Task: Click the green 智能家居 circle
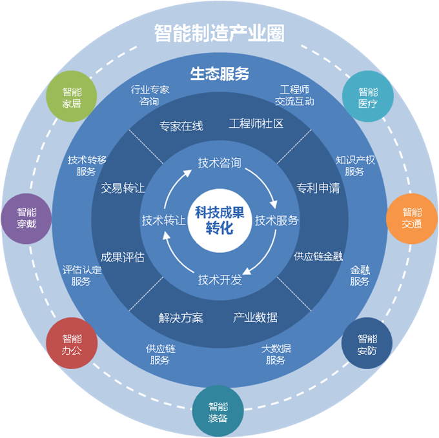(72, 97)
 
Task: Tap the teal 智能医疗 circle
(367, 97)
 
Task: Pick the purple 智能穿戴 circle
(26, 218)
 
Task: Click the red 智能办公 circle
(72, 344)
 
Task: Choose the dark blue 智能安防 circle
(367, 344)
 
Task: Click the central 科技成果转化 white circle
(219, 219)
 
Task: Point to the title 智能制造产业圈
(219, 33)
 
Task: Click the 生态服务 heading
(219, 74)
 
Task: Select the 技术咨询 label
(219, 163)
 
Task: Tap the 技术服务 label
(277, 220)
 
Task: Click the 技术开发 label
(219, 279)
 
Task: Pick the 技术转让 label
(163, 220)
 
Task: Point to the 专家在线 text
(181, 126)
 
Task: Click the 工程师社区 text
(256, 123)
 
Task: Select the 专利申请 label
(318, 188)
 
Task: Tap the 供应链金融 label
(318, 256)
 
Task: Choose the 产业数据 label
(255, 317)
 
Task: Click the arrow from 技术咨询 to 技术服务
(268, 183)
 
